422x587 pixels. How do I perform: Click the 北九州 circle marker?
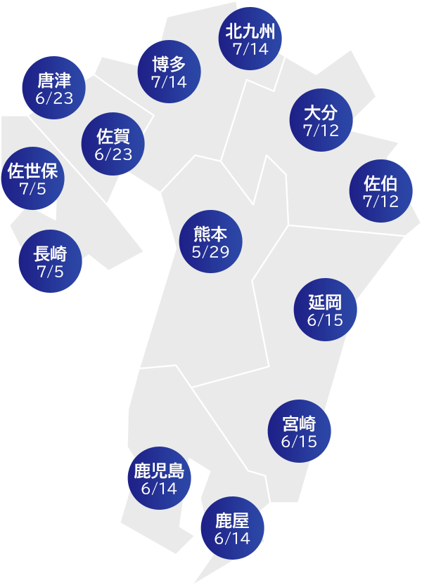(x=251, y=39)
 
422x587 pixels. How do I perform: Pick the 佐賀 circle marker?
(x=113, y=145)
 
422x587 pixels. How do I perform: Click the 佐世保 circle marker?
(x=32, y=179)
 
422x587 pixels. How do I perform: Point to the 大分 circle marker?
(x=321, y=121)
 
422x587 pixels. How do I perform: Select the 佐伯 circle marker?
(x=381, y=193)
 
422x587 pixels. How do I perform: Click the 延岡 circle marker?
(x=324, y=311)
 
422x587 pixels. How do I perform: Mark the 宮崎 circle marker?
(x=299, y=432)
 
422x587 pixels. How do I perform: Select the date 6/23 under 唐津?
(x=54, y=98)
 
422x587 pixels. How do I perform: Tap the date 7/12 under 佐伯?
(x=381, y=202)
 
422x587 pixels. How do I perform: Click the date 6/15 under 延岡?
(x=324, y=320)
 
